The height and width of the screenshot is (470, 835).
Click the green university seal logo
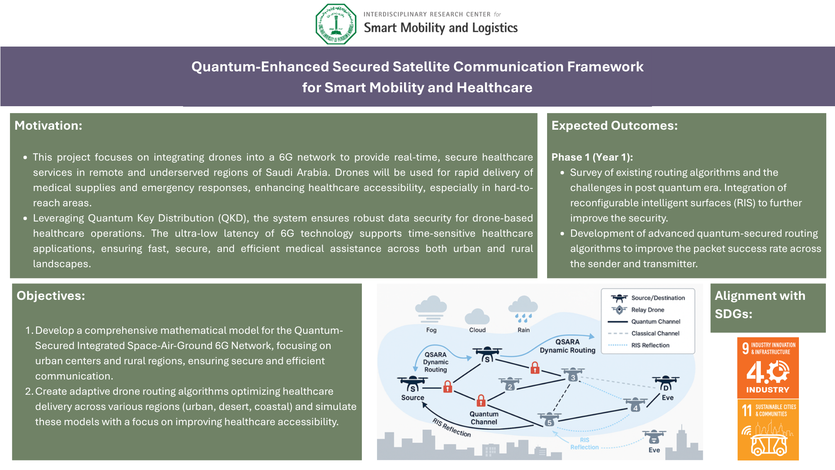coord(336,24)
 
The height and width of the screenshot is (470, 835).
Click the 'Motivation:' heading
coord(48,125)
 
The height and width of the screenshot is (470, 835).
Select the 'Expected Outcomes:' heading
coord(615,125)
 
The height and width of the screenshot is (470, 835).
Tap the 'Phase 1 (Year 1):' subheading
coord(592,157)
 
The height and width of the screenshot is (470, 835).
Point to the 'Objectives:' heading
coord(51,295)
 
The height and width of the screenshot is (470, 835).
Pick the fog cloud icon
coord(431,309)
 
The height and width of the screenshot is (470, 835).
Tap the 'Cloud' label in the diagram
coord(477,330)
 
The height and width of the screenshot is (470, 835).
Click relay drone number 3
coord(573,375)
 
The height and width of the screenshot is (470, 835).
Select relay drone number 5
coord(549,420)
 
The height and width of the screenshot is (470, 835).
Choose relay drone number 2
coord(510,384)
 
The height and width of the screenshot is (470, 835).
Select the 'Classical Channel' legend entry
coord(644,333)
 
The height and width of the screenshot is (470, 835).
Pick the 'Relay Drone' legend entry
coord(638,310)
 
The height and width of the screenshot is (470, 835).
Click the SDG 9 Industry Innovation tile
coord(768,368)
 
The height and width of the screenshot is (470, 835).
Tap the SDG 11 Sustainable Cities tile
coord(768,430)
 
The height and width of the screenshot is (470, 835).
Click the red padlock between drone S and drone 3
coord(535,368)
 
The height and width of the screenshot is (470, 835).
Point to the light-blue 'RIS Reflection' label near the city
coord(584,443)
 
